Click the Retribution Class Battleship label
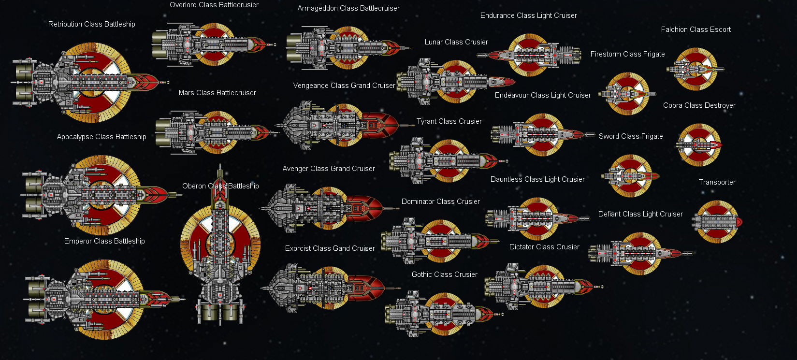point(92,24)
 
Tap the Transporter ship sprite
point(717,222)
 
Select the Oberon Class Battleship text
point(220,186)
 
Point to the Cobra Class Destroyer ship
point(699,144)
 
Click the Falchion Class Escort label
point(696,29)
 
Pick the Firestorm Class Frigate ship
point(627,93)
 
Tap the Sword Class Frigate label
point(631,136)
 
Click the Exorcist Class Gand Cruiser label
point(330,248)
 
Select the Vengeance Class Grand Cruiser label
point(344,86)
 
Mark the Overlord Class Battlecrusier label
point(214,5)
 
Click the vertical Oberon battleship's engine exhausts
point(220,312)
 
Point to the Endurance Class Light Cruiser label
point(528,15)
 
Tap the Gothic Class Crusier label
point(444,274)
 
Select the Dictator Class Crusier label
point(544,247)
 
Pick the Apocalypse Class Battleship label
point(101,137)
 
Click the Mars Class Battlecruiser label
point(217,93)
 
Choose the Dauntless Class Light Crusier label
point(537,179)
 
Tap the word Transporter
point(717,182)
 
